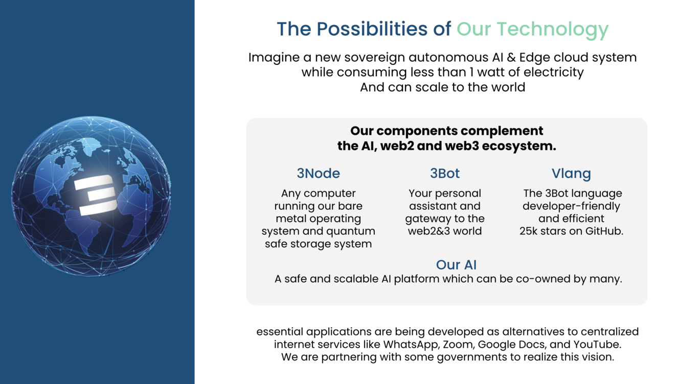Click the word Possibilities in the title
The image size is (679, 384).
pyautogui.click(x=372, y=29)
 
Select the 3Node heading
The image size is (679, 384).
pyautogui.click(x=318, y=173)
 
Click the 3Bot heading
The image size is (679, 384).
pyautogui.click(x=445, y=173)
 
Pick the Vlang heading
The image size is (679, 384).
pyautogui.click(x=571, y=174)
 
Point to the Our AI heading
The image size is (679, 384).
pyautogui.click(x=456, y=265)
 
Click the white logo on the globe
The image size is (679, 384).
pyautogui.click(x=95, y=195)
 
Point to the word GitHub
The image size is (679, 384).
pyautogui.click(x=604, y=231)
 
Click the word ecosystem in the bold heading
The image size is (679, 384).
pyautogui.click(x=519, y=146)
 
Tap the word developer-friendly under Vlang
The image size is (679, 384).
pyautogui.click(x=571, y=206)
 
